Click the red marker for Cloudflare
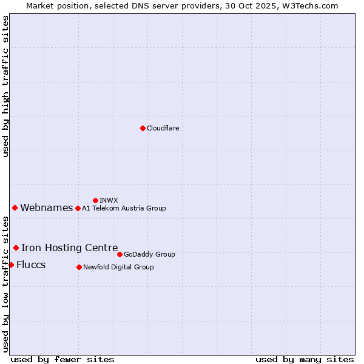(143, 128)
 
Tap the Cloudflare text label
(163, 128)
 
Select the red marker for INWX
(95, 200)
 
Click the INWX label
(109, 200)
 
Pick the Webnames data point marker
(15, 207)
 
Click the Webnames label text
(46, 208)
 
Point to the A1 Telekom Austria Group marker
(78, 208)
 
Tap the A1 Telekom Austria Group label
(124, 208)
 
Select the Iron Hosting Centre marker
(16, 248)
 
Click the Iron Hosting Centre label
(69, 248)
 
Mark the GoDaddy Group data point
(120, 254)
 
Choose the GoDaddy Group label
(149, 254)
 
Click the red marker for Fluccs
(11, 265)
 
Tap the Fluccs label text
(31, 265)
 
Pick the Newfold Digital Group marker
(79, 267)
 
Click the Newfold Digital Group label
(118, 267)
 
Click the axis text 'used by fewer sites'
(62, 359)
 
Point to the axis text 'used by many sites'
(305, 359)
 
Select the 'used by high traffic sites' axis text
(6, 86)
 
